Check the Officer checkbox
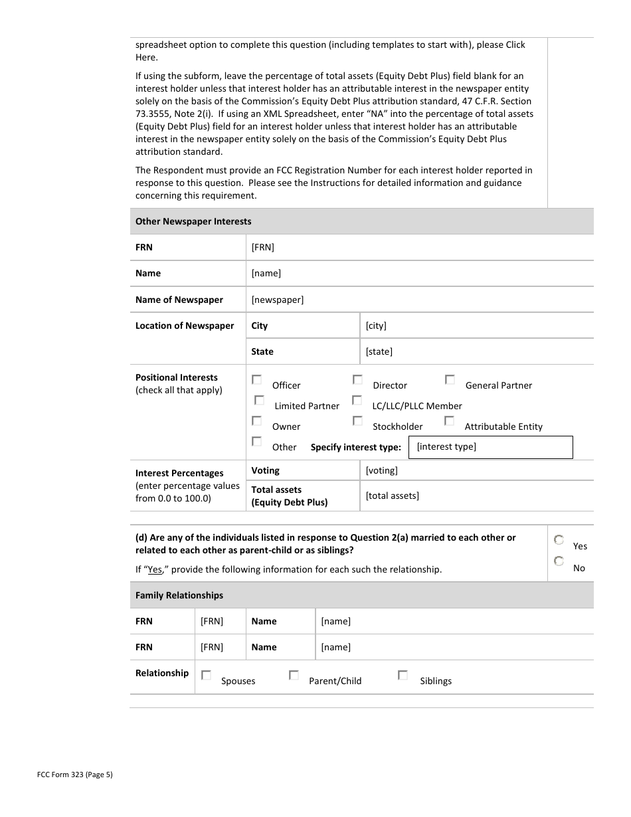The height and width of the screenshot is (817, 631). click(x=256, y=380)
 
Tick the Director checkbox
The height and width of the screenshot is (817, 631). click(x=357, y=380)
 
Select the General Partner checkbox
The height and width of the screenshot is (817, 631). click(x=450, y=380)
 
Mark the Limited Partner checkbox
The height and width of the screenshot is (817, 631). click(x=259, y=401)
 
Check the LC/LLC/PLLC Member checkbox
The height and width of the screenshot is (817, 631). click(x=357, y=401)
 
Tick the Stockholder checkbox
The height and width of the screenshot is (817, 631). click(x=357, y=421)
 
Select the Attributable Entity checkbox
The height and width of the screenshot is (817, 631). click(x=449, y=421)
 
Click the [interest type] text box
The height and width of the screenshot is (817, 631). click(x=490, y=447)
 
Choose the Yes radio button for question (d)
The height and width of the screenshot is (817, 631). click(x=559, y=541)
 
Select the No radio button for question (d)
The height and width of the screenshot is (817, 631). click(x=559, y=562)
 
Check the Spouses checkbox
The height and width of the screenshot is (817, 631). click(x=206, y=676)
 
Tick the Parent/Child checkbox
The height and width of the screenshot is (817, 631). click(x=294, y=676)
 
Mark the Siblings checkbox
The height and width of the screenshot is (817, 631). click(x=403, y=676)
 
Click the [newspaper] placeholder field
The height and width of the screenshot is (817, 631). click(x=278, y=300)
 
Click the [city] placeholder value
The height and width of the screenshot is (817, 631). click(x=376, y=325)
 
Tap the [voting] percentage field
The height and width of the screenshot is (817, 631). click(x=382, y=470)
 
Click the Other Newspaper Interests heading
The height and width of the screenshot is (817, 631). click(x=193, y=221)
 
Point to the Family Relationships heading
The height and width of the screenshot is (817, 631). click(x=179, y=595)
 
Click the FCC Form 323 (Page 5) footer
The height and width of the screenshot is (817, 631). click(x=75, y=774)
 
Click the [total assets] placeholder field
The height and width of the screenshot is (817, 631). click(x=393, y=496)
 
